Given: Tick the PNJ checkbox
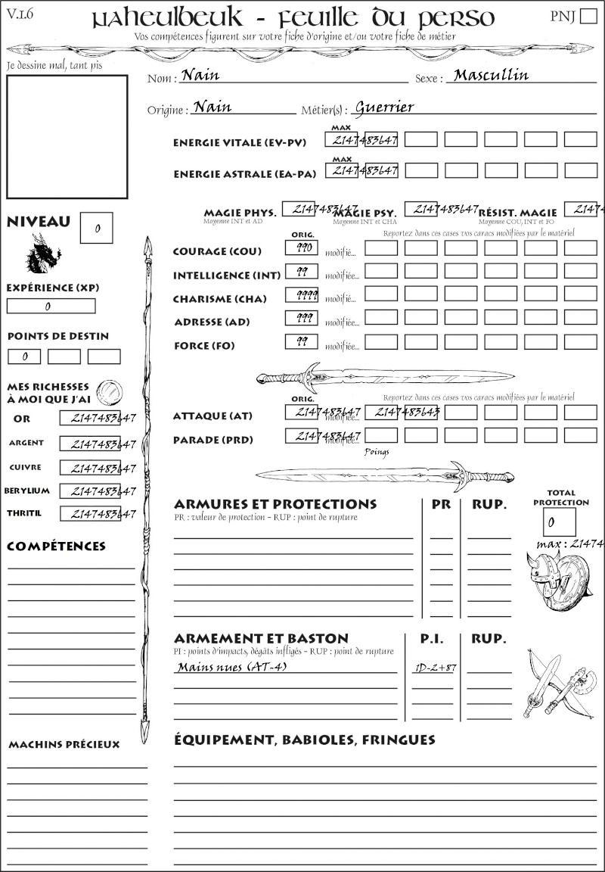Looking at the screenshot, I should (x=588, y=17).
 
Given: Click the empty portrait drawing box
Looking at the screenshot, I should (x=67, y=136).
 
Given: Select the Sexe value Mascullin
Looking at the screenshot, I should (x=491, y=75).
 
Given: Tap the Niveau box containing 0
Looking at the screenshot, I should (x=97, y=228).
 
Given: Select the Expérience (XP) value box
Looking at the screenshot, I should (x=51, y=306).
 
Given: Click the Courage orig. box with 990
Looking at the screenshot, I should (x=301, y=248).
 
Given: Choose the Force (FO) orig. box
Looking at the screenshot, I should (x=301, y=342).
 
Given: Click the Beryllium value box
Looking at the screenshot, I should (x=90, y=491).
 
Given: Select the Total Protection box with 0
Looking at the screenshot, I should (x=559, y=522).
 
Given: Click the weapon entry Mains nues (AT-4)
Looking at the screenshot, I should (x=231, y=667).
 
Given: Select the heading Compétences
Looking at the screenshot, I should (x=56, y=547).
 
